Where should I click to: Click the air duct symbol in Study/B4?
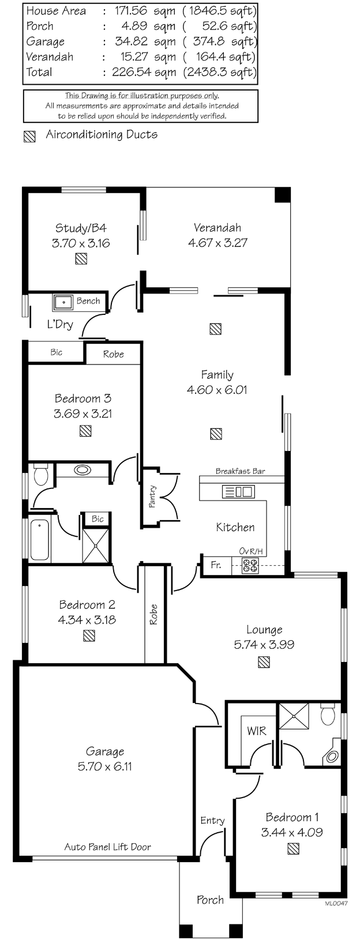[x=81, y=258]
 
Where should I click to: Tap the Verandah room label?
[x=217, y=228]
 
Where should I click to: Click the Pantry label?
[x=152, y=497]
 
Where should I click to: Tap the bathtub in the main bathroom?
[x=40, y=539]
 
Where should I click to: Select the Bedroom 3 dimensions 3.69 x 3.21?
[x=82, y=413]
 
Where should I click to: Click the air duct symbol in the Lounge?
[x=264, y=662]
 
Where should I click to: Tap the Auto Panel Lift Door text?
[x=107, y=847]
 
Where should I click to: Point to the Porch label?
[x=210, y=900]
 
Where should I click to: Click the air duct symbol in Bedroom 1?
[x=294, y=849]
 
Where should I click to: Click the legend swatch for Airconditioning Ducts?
[x=29, y=136]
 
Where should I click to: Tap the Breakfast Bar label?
[x=241, y=471]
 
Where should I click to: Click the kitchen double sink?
[x=238, y=491]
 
